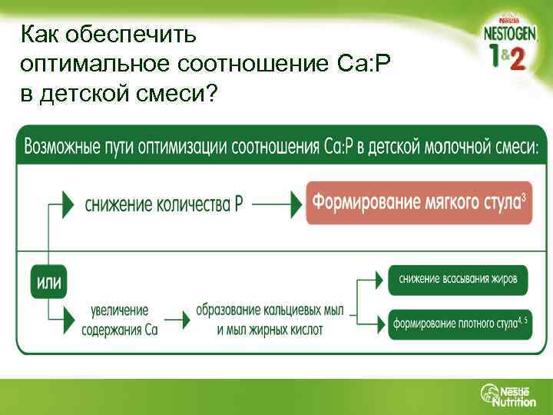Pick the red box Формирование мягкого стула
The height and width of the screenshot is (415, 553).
[x=419, y=204]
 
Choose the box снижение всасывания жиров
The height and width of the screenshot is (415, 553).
[x=458, y=279]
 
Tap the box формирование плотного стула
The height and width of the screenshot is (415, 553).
[x=458, y=323]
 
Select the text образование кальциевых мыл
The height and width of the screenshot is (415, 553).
[x=269, y=311]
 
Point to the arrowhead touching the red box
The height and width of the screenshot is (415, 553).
[x=295, y=204]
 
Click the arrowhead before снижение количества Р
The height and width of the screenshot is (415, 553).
[x=68, y=204]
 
